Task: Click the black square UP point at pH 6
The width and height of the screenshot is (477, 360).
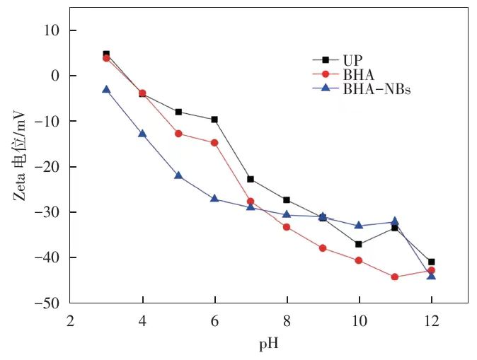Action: [x=214, y=120]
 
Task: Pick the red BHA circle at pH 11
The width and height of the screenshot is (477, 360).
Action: [x=395, y=277]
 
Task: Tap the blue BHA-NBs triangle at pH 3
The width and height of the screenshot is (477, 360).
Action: [x=106, y=90]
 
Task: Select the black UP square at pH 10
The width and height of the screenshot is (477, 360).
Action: [x=359, y=244]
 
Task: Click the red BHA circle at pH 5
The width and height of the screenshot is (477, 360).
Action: [x=178, y=134]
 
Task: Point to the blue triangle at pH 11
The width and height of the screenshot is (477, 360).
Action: [x=395, y=221]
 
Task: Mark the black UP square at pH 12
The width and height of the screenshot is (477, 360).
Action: [x=431, y=262]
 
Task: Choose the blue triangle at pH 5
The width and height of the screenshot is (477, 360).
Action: [x=178, y=175]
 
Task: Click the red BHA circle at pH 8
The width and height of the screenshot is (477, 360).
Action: [x=287, y=227]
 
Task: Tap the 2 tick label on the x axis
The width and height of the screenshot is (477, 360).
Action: [x=70, y=319]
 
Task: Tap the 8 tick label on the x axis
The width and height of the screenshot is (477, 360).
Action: [x=287, y=319]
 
